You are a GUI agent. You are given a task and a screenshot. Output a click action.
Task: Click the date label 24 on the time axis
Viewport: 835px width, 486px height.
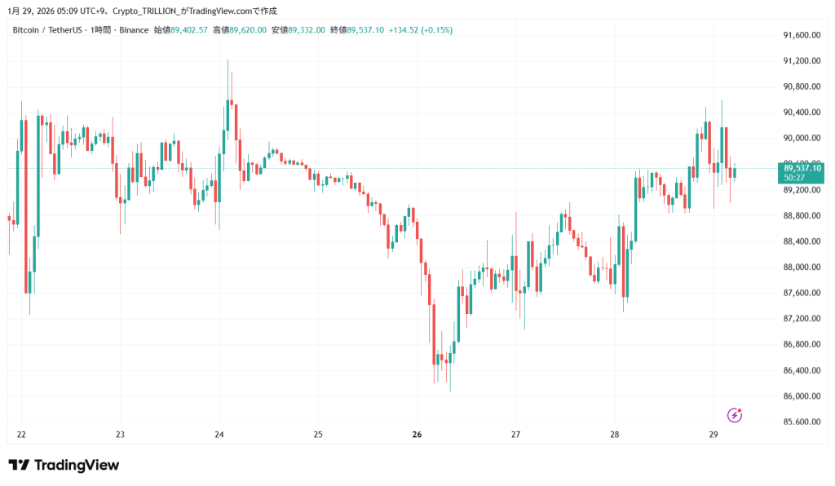pyautogui.click(x=219, y=435)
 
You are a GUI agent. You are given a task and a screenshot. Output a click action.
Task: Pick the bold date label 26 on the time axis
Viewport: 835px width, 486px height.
pyautogui.click(x=417, y=435)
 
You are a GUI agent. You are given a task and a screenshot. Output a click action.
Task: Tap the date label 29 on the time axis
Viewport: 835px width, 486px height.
pyautogui.click(x=714, y=435)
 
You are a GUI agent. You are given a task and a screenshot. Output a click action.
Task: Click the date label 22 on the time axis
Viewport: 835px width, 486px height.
pyautogui.click(x=21, y=435)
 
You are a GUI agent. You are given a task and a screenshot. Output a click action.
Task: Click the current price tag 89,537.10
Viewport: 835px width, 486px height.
pyautogui.click(x=802, y=167)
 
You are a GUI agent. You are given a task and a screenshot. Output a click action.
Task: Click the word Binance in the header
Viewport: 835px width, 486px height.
pyautogui.click(x=134, y=30)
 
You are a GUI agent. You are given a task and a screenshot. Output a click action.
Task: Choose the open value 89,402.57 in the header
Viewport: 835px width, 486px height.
pyautogui.click(x=190, y=30)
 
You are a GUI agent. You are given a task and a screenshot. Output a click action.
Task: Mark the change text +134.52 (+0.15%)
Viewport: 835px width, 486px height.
pyautogui.click(x=423, y=30)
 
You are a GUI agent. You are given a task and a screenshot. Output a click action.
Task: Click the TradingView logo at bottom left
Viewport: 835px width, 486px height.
pyautogui.click(x=64, y=465)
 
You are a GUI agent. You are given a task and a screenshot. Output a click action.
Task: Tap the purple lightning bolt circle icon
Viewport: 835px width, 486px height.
pyautogui.click(x=735, y=415)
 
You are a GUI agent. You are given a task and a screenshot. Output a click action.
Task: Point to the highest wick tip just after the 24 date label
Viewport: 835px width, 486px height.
pyautogui.click(x=228, y=60)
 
